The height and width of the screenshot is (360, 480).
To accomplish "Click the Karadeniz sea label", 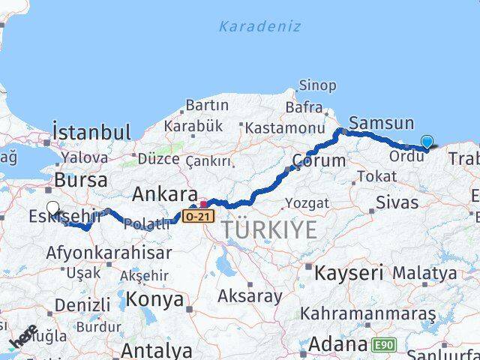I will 259,26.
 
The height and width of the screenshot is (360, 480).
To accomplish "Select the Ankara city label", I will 165,195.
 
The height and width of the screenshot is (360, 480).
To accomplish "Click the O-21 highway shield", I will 196,216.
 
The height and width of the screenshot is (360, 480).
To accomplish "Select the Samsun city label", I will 381,123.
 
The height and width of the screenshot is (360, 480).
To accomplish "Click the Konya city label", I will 156,299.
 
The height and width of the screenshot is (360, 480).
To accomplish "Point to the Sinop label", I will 317,85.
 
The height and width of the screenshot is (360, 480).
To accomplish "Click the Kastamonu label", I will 280,128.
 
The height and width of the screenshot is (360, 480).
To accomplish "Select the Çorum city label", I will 319,160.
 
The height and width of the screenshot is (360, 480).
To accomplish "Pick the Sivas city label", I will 397,201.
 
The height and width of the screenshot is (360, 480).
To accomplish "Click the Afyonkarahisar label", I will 109,253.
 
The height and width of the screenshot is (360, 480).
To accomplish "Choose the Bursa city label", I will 80,181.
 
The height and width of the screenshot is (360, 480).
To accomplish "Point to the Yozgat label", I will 307,203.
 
